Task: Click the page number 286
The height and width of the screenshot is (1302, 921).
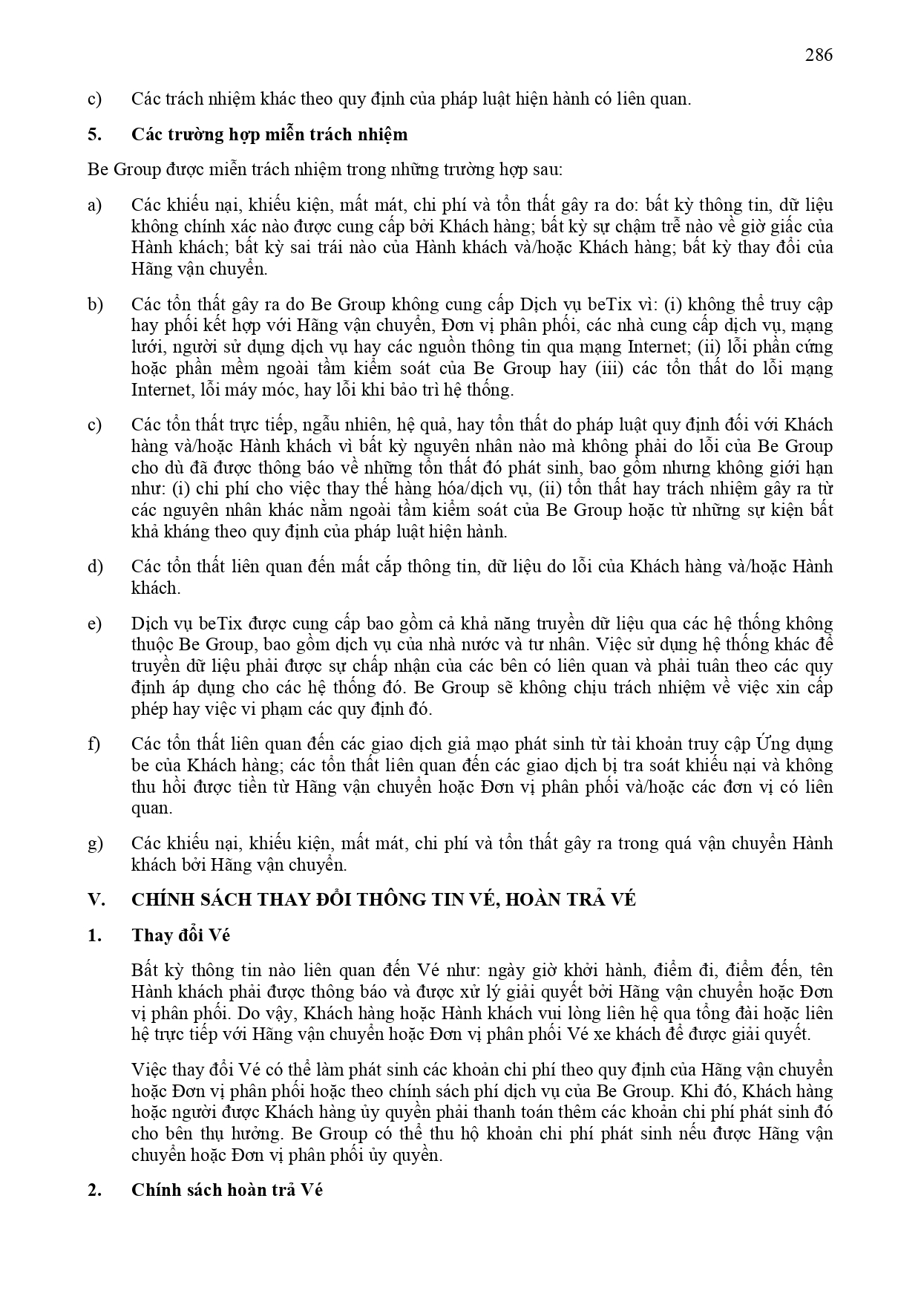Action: point(819,55)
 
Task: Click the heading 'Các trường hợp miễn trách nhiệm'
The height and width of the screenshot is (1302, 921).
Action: point(269,134)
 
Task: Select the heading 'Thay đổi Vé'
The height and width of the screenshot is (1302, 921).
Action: point(180,935)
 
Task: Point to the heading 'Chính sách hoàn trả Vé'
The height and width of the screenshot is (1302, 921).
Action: point(227,1189)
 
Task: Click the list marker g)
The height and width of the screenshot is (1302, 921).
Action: point(95,843)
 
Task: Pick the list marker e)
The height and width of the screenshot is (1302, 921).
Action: point(94,624)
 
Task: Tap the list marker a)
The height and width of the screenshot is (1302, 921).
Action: point(94,205)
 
